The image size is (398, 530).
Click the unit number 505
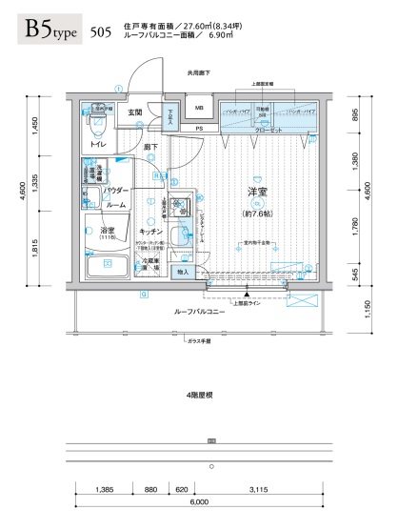coord(98,32)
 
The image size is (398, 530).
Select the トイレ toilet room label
coord(97,144)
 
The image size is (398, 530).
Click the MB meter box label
coord(201,108)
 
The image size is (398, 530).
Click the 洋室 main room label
coord(257,193)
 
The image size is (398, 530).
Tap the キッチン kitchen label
coord(152,232)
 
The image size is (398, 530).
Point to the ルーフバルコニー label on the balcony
coord(198,312)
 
